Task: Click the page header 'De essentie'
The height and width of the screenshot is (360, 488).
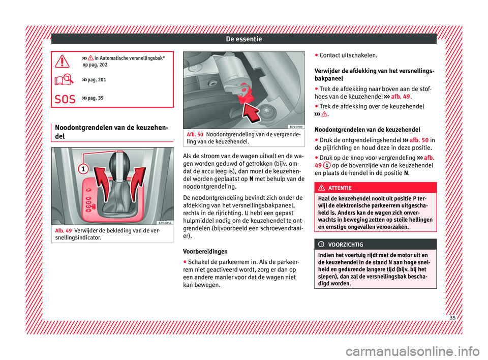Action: [243, 38]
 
